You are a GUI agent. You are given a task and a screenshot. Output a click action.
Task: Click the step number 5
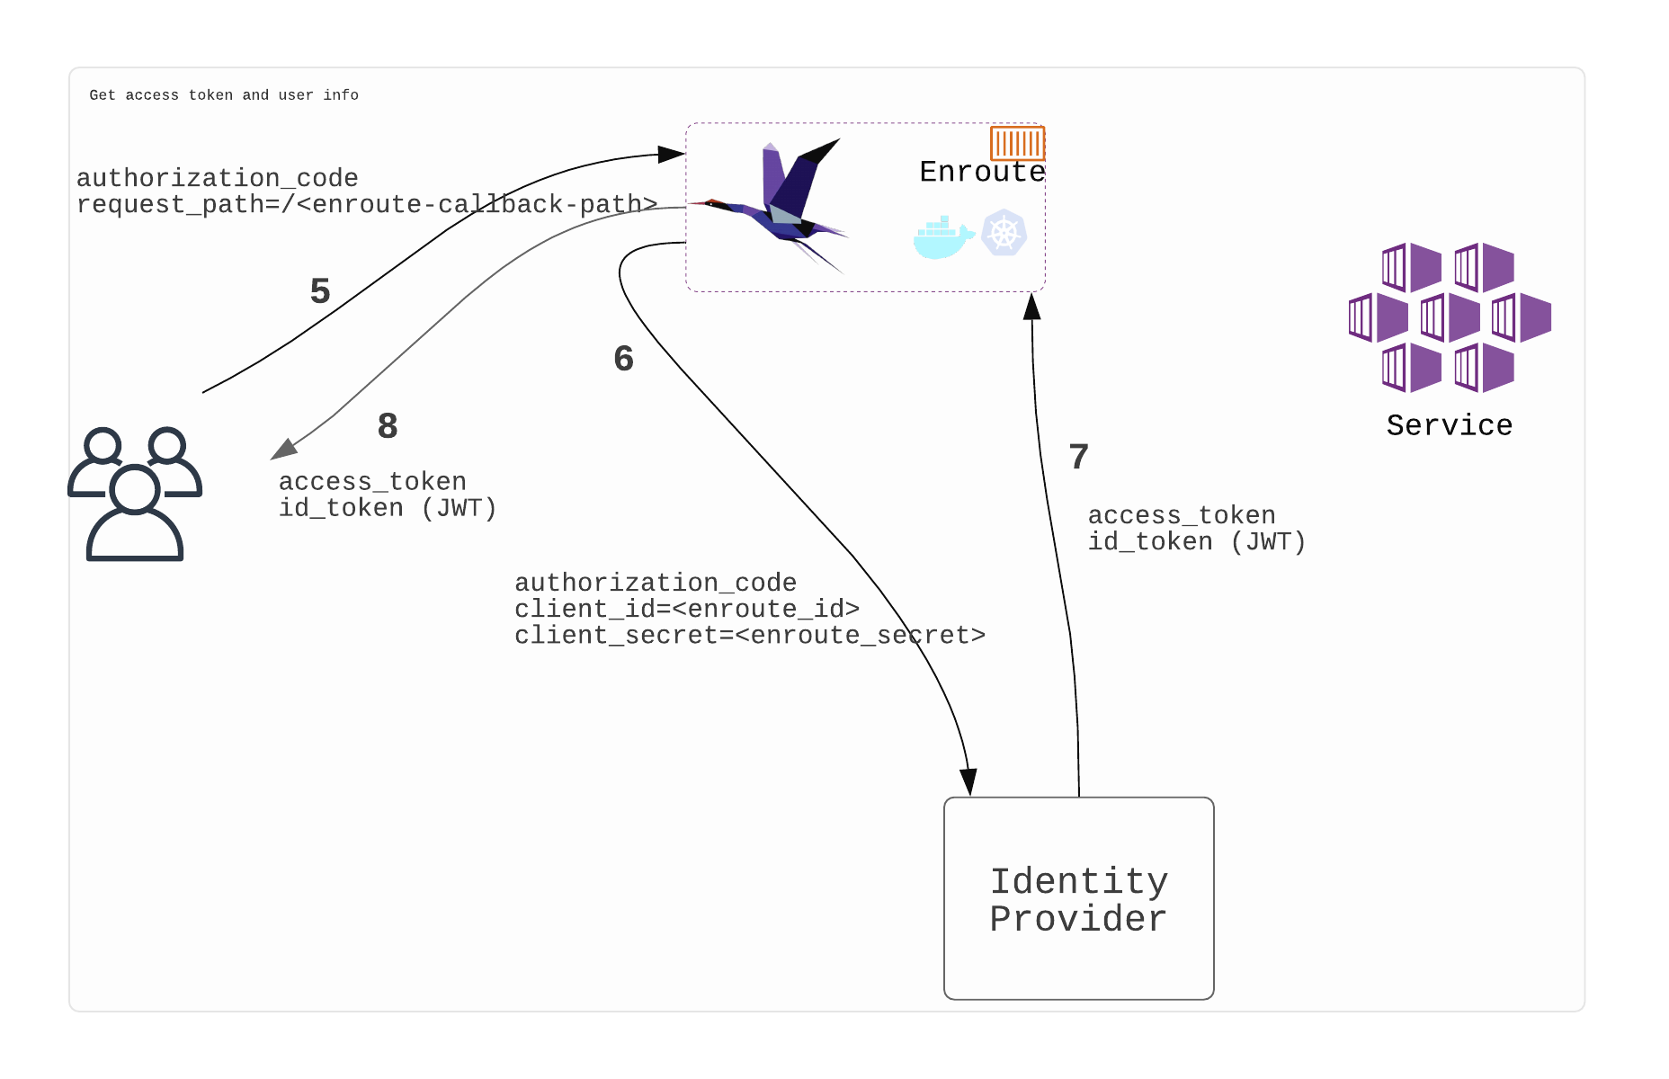point(320,291)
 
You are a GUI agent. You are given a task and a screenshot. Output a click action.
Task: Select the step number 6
point(623,359)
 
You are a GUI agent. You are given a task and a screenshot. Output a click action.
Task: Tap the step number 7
point(1078,457)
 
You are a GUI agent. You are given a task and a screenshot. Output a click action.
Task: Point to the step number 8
point(388,426)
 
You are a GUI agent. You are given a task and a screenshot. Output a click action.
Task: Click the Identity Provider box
point(1078,898)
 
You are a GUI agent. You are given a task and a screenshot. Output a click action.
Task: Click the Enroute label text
point(982,172)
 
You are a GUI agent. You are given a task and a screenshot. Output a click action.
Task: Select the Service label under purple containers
point(1449,425)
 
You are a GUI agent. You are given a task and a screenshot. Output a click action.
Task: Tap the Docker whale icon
point(942,237)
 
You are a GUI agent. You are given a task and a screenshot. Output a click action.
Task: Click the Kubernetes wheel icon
point(1004,233)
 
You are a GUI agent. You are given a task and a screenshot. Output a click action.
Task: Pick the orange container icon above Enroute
point(1017,143)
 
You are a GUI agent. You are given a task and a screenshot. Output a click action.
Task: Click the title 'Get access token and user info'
point(224,95)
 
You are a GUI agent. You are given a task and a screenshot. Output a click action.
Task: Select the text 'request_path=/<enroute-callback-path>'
point(367,205)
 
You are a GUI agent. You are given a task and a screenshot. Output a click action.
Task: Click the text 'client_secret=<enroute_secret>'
point(750,636)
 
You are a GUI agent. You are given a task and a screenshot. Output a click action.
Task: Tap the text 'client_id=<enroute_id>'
point(687,610)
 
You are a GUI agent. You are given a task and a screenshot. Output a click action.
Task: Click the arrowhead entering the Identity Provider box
point(968,782)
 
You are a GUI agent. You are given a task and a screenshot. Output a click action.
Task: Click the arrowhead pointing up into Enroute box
point(1032,307)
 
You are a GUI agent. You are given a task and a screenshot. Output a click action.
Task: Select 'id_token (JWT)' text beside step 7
point(1196,542)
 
